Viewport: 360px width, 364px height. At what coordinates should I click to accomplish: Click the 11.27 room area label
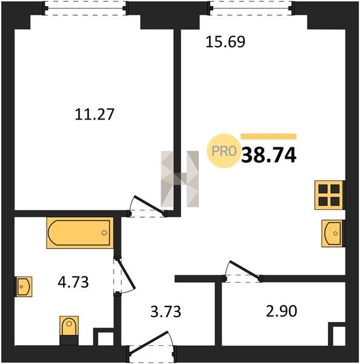pos(95,114)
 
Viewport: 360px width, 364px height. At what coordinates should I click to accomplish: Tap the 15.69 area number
pos(225,42)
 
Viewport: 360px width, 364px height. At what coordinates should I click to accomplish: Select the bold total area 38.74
pos(269,155)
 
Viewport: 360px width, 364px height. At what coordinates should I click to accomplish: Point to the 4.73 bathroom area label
pos(73,282)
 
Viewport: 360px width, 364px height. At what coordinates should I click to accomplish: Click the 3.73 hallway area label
pos(165,312)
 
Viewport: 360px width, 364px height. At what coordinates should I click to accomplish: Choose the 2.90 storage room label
pos(281,311)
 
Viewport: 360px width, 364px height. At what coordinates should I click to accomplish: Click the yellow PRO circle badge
pos(224,151)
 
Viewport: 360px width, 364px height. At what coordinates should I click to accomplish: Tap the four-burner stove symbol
pos(329,195)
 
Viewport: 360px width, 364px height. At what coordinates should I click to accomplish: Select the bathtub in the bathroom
pos(80,232)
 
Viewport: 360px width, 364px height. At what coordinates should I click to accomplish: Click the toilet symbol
pos(69,330)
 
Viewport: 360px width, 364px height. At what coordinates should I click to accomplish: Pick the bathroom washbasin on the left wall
pos(24,286)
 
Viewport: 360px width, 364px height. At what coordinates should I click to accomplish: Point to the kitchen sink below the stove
pos(333,234)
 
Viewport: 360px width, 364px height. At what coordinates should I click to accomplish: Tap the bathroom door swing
pos(124,275)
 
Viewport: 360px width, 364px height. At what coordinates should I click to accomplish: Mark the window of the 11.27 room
pos(85,8)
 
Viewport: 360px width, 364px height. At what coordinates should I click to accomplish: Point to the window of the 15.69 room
pos(250,8)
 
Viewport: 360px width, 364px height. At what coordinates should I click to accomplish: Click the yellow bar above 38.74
pos(268,136)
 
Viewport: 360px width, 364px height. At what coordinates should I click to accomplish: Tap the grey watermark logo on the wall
pos(180,179)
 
